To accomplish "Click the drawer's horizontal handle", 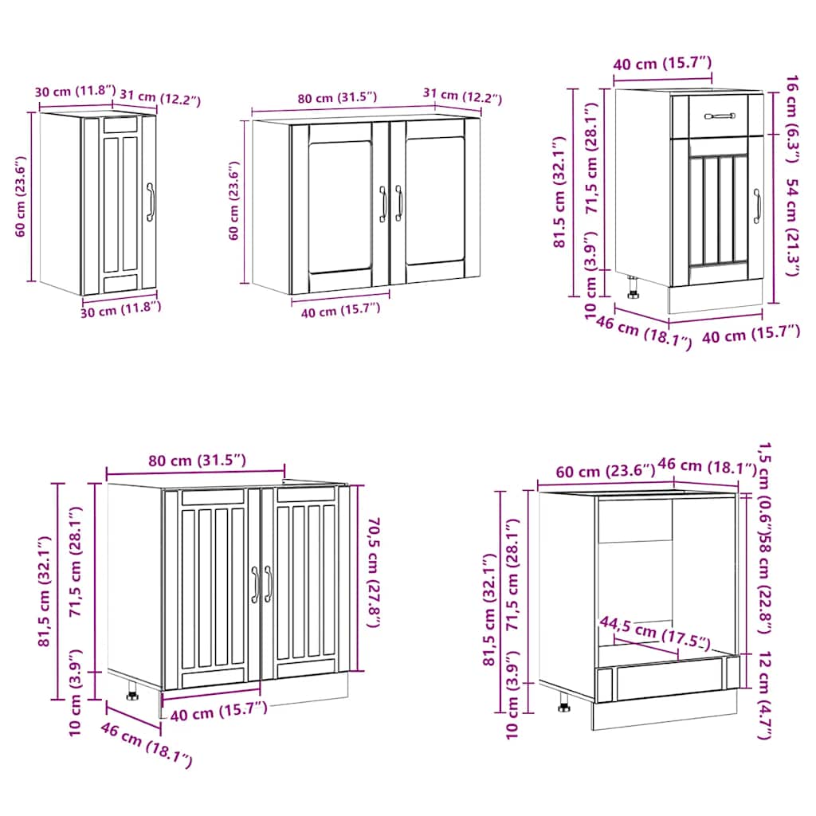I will pos(720,116).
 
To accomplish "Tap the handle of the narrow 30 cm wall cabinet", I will pos(150,202).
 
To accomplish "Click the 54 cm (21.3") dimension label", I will pos(791,226).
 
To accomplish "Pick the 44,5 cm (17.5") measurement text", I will pos(654,630).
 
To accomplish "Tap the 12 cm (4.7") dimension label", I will pos(763,695).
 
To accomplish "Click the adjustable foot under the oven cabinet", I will pos(564,704).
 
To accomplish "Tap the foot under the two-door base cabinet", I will pos(132,694).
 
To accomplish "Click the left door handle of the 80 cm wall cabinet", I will pos(383,204).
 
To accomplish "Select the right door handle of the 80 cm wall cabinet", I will pos(398,204).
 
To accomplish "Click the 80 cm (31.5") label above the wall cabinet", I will pos(337,99).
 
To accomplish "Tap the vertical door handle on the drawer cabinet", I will pos(757,206).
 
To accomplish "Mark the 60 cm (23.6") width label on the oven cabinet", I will pos(596,472).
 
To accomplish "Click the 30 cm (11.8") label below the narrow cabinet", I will pos(121,308).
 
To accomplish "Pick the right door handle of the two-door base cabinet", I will pos(268,583).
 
